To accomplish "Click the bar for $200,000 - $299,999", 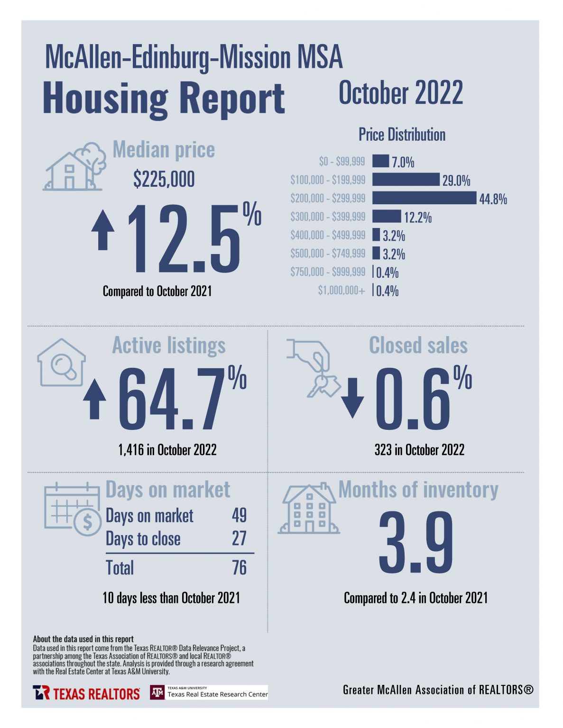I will pyautogui.click(x=424, y=198).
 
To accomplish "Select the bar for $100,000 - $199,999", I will pyautogui.click(x=406, y=180).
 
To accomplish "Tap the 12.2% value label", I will pyautogui.click(x=417, y=218).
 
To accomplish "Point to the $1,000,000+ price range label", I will pyautogui.click(x=341, y=291).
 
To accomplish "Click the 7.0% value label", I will pyautogui.click(x=403, y=162).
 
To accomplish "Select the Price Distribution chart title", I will pyautogui.click(x=402, y=135).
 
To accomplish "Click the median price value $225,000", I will pyautogui.click(x=164, y=180).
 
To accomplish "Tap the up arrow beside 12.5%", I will pyautogui.click(x=103, y=230).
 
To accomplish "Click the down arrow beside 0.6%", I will pyautogui.click(x=352, y=398).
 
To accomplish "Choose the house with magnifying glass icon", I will pyautogui.click(x=62, y=363).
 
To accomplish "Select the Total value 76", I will pyautogui.click(x=239, y=568).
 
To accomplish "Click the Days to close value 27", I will pyautogui.click(x=239, y=538).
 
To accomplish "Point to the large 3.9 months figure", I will pyautogui.click(x=415, y=543).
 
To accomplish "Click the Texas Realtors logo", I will pyautogui.click(x=86, y=693).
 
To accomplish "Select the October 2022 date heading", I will pyautogui.click(x=400, y=93).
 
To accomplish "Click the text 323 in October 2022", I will pyautogui.click(x=419, y=450).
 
